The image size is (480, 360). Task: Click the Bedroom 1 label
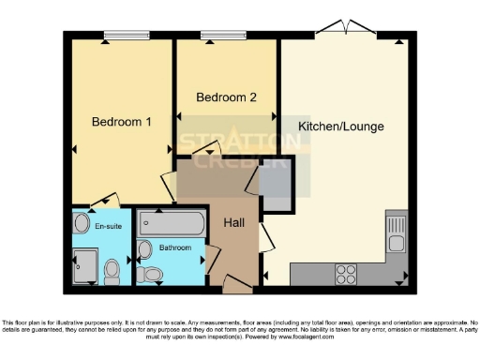tap(122, 122)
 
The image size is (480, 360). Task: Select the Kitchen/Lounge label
tap(340, 126)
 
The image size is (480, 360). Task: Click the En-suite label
tap(106, 225)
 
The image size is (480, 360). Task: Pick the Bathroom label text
tap(174, 247)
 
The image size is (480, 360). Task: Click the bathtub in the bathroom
tap(170, 225)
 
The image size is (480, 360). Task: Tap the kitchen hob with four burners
tap(346, 273)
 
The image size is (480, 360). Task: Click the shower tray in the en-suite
tap(86, 266)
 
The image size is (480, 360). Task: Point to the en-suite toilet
tap(112, 271)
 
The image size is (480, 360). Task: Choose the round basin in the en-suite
tap(81, 226)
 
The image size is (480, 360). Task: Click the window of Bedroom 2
tap(223, 36)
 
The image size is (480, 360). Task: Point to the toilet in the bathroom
tap(150, 274)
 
